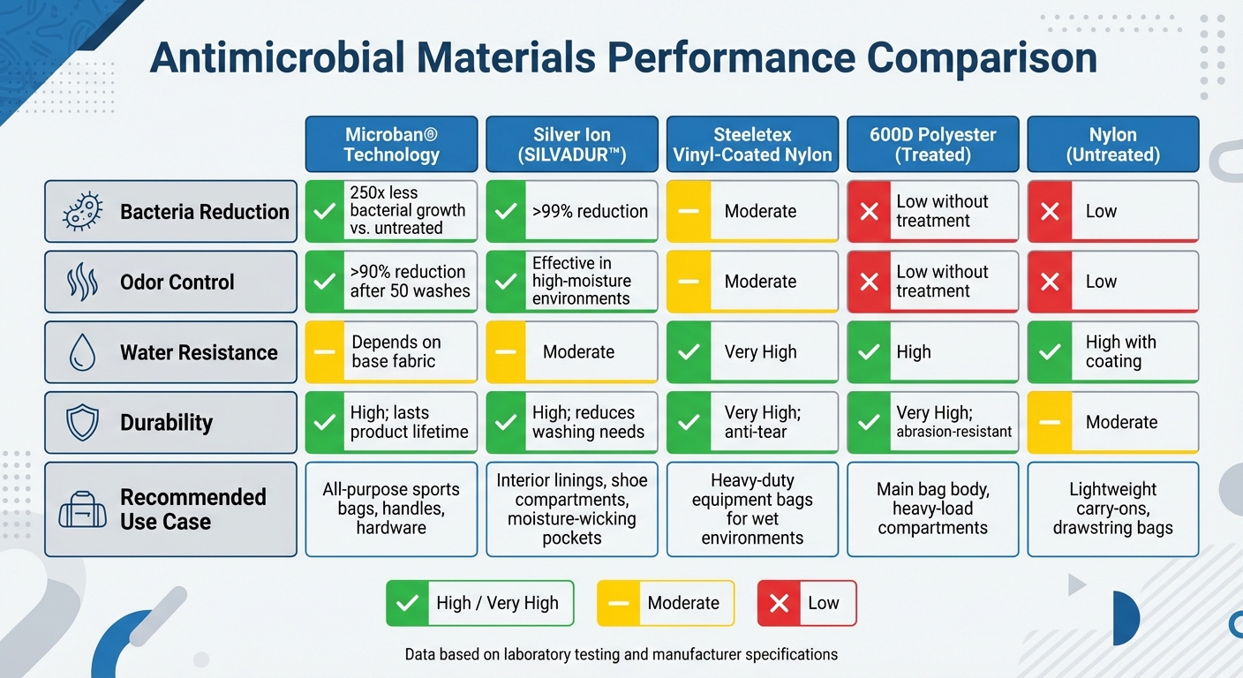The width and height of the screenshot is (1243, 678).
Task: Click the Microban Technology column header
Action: click(391, 145)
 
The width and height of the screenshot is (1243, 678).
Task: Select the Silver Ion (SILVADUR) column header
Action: click(571, 145)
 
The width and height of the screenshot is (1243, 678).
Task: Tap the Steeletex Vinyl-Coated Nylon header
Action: click(752, 145)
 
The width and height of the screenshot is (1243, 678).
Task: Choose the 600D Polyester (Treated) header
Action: click(933, 145)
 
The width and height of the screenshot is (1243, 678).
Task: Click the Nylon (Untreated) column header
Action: click(1112, 145)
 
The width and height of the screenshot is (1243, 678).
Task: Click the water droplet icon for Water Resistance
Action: click(82, 352)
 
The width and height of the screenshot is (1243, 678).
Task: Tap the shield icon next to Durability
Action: click(82, 422)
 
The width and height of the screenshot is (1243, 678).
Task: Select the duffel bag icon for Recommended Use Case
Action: click(82, 509)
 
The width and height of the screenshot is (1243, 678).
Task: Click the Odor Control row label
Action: click(177, 282)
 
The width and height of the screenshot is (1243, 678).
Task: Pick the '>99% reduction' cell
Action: click(571, 212)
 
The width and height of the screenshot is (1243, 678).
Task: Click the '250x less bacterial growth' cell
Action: click(391, 212)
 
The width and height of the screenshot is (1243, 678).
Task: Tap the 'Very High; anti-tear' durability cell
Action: click(752, 422)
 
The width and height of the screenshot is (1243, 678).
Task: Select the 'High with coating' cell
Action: click(1112, 352)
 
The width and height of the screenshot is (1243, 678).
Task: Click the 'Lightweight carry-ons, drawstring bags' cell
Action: click(1112, 509)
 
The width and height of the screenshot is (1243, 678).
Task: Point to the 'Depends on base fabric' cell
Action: click(391, 352)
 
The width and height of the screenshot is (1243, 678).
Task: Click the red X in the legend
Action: click(779, 604)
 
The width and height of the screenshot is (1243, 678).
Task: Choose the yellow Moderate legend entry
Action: click(666, 604)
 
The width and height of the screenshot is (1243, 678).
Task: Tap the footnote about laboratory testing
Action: click(621, 655)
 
